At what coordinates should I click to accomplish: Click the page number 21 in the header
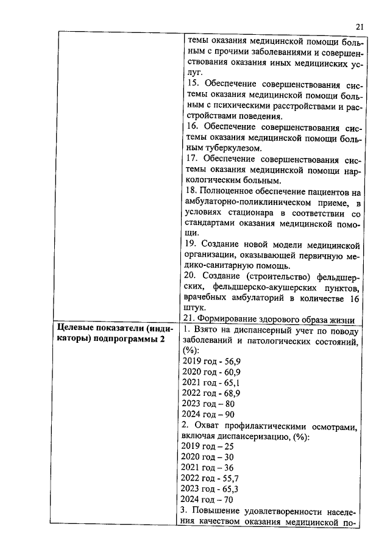pyautogui.click(x=359, y=26)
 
